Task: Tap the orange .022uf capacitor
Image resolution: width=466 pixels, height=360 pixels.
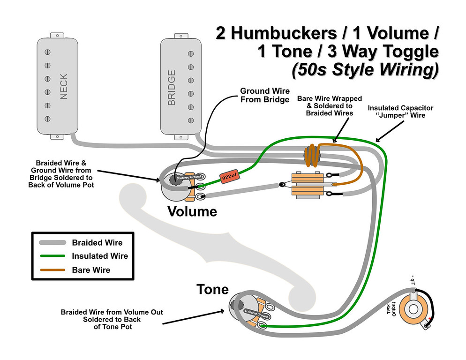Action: click(x=230, y=177)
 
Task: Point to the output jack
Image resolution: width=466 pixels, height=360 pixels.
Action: click(x=414, y=309)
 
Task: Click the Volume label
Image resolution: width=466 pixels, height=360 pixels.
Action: click(x=192, y=212)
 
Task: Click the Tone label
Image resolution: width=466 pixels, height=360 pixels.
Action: click(x=212, y=289)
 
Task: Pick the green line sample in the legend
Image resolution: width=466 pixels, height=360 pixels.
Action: click(x=53, y=256)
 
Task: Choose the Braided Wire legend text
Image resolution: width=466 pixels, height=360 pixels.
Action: click(x=97, y=242)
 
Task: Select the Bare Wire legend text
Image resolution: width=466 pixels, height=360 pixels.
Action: click(x=91, y=270)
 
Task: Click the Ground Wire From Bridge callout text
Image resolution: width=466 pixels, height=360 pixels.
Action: click(x=264, y=95)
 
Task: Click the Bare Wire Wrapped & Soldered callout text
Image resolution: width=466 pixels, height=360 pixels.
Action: click(x=330, y=106)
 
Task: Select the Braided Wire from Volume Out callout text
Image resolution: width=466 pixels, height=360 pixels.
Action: click(x=112, y=319)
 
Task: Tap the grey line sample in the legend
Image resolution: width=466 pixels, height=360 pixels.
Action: click(x=53, y=242)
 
